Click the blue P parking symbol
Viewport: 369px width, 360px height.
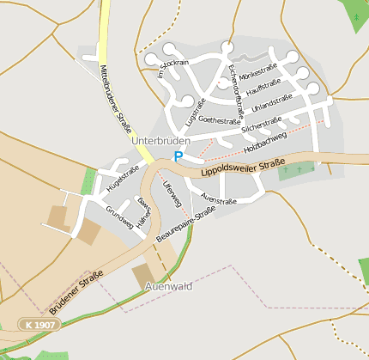point(178,156)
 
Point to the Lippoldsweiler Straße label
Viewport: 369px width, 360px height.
point(243,167)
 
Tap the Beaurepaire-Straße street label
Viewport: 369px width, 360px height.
point(187,223)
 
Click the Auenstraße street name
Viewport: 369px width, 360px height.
point(218,199)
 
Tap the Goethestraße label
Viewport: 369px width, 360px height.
point(219,121)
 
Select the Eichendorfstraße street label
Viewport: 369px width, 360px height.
point(236,90)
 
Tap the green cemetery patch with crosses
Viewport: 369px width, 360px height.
point(296,171)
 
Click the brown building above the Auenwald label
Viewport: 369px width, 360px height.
point(144,275)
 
